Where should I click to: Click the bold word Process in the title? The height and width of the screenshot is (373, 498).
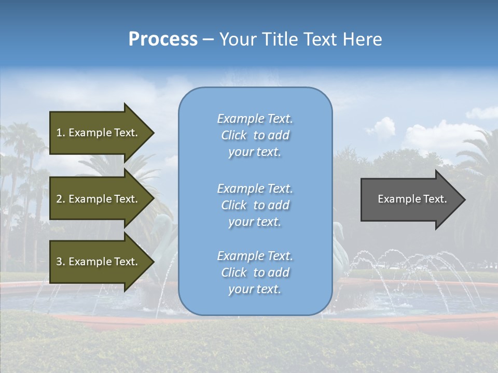(x=163, y=39)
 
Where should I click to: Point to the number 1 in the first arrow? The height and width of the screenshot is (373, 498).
(x=59, y=133)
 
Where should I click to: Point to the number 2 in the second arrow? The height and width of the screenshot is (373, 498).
(x=59, y=199)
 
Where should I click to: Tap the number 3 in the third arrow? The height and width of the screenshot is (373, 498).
(x=59, y=262)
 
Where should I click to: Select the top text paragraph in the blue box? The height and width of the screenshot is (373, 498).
(x=255, y=135)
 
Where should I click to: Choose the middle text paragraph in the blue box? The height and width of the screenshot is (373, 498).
(x=255, y=205)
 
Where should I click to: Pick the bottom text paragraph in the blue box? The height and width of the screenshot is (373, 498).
(x=255, y=272)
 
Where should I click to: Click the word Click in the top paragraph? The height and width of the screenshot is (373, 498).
(x=234, y=135)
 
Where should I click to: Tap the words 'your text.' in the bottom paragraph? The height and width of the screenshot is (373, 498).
(x=255, y=289)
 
